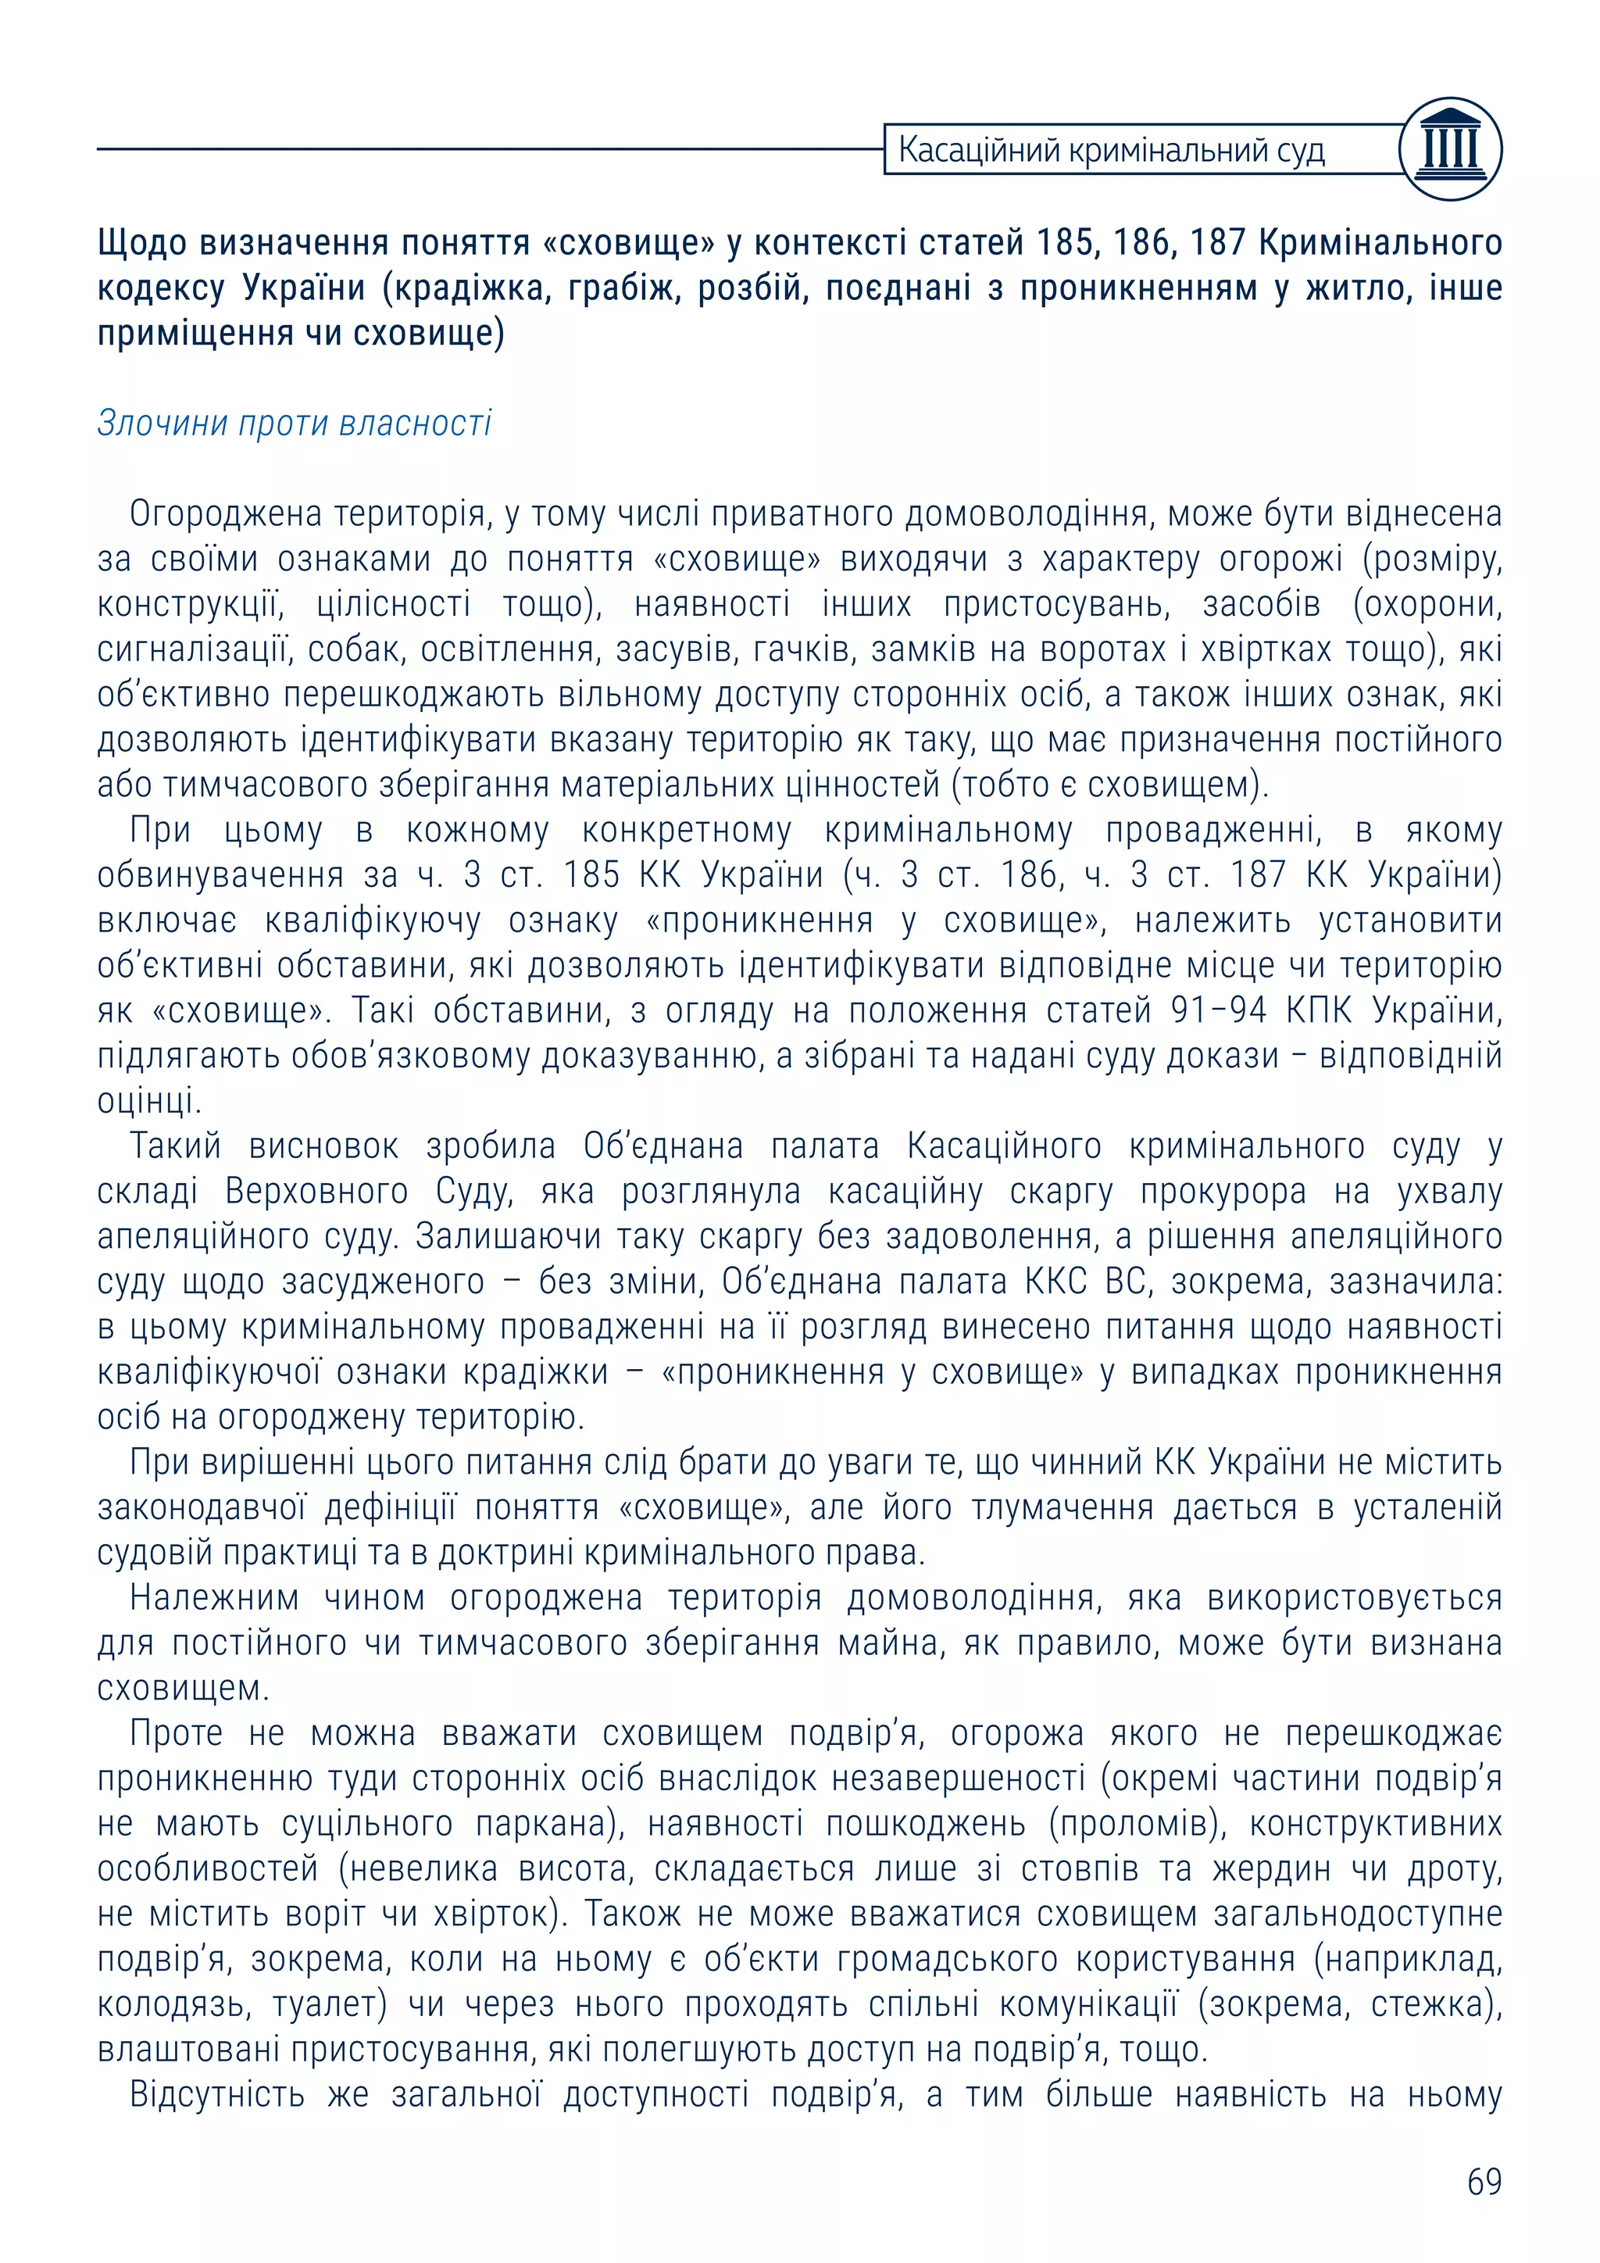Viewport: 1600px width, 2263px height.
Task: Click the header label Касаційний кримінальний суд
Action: (1112, 151)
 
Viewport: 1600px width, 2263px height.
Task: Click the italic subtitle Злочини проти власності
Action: (294, 423)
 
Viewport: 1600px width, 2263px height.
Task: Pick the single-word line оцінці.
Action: (148, 1101)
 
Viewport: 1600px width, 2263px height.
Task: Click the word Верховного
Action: (316, 1191)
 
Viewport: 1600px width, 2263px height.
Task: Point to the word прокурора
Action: (1223, 1191)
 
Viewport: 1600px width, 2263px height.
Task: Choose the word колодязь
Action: (170, 2005)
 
